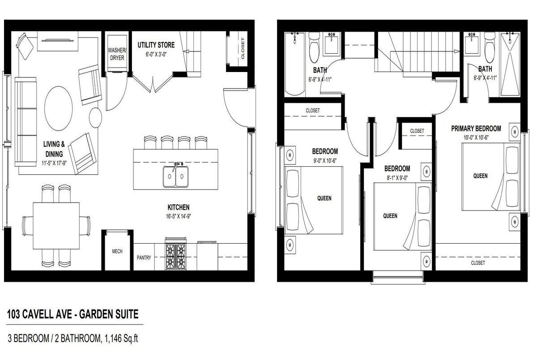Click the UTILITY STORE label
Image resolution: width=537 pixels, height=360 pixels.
tap(156, 45)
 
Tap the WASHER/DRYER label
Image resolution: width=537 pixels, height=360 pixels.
tap(117, 54)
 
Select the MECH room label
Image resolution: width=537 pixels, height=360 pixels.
tap(117, 251)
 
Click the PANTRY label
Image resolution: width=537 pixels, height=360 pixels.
tap(144, 258)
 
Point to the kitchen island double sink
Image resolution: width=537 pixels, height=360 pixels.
tap(176, 177)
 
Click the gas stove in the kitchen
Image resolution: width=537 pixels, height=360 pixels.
tap(176, 254)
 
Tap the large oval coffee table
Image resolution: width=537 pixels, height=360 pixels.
tap(59, 109)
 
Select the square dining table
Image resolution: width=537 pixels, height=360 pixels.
tap(56, 226)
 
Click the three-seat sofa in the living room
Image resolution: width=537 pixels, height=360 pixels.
tap(26, 122)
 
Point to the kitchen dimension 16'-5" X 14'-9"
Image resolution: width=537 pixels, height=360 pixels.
tap(179, 216)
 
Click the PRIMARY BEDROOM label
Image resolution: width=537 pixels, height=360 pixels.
tap(476, 129)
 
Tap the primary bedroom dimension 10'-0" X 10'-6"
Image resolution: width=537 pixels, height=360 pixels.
tap(476, 137)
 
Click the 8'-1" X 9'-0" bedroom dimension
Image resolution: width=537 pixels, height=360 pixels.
tap(397, 178)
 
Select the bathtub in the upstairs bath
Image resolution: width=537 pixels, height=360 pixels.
tap(294, 64)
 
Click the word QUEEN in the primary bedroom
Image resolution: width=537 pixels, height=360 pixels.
tap(481, 176)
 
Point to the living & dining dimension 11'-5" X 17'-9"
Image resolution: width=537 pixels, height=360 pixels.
tap(54, 163)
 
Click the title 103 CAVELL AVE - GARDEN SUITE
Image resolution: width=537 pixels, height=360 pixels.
tap(73, 314)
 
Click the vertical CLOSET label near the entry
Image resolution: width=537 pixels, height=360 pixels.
tap(243, 48)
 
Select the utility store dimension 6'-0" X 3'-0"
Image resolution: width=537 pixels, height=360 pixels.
tap(156, 55)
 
